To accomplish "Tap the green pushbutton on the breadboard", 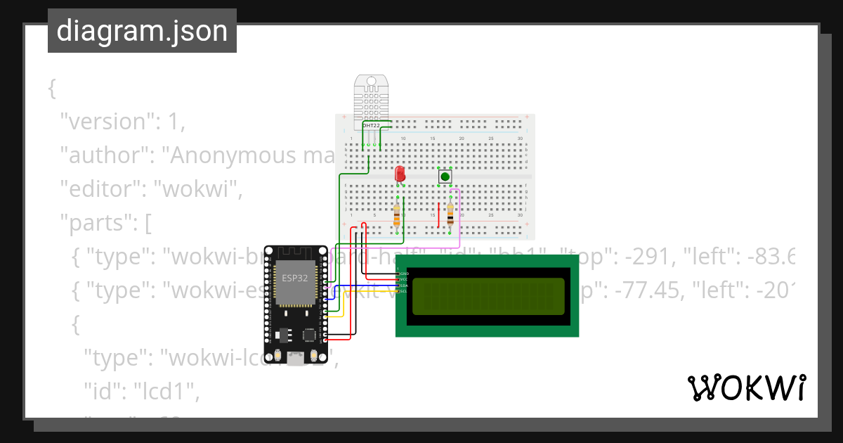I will point(444,176).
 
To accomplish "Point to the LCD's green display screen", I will point(488,296).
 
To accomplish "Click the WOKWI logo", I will point(746,388).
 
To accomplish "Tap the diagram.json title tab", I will point(142,31).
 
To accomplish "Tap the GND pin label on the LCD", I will point(403,274).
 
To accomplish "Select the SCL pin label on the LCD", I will point(403,290).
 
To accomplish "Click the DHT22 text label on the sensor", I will point(371,126).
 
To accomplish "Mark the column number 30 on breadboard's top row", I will point(519,139).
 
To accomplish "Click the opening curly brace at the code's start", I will point(51,88).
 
